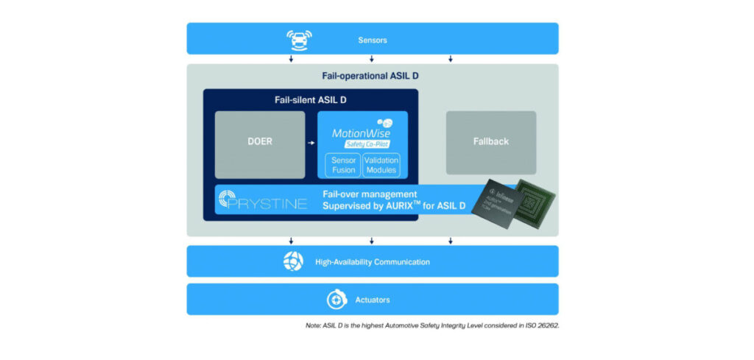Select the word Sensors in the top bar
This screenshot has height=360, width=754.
pos(372,39)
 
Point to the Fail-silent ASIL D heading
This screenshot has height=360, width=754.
pos(310,99)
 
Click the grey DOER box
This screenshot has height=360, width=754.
pos(259,141)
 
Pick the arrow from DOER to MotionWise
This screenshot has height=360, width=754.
pos(311,141)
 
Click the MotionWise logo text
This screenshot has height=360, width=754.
pos(358,133)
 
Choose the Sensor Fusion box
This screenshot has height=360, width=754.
pos(341,165)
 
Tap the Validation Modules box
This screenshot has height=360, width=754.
pos(381,165)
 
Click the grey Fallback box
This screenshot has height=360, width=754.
pos(490,141)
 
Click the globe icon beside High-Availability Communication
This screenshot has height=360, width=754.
pos(293,261)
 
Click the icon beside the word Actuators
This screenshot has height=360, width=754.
pos(337,300)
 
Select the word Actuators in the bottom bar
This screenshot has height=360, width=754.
pos(373,300)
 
